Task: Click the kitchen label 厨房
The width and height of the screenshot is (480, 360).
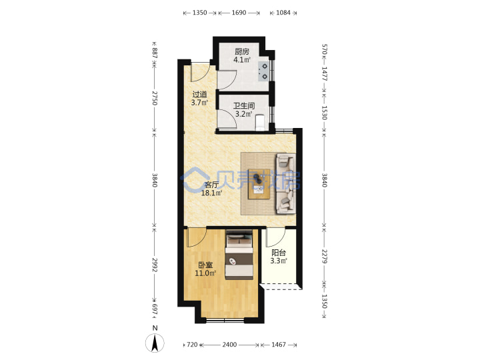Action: (x=242, y=52)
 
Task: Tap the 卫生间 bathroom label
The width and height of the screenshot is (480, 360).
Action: (x=244, y=106)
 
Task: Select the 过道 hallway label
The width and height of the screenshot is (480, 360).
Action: (x=199, y=94)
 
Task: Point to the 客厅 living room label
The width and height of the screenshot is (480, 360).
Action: (x=211, y=185)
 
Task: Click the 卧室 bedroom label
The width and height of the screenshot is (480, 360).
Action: (x=205, y=265)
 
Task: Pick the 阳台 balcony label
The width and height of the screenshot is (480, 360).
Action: (x=279, y=253)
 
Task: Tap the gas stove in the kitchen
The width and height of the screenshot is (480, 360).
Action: (x=263, y=71)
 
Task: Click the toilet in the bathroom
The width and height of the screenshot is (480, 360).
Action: (x=260, y=122)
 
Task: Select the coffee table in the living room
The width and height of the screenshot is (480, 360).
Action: (x=259, y=184)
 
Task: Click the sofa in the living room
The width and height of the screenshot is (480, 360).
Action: (x=286, y=183)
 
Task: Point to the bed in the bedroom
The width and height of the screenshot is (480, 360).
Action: (x=239, y=255)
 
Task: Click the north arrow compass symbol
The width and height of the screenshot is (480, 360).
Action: (x=155, y=343)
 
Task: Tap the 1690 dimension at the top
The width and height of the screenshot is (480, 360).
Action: (x=239, y=13)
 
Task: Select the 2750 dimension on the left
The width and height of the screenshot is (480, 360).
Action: (x=155, y=98)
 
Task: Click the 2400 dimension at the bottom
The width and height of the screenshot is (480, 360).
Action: (x=229, y=345)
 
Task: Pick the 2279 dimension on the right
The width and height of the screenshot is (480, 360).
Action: (x=325, y=257)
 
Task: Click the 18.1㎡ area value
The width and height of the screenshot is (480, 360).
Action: (x=211, y=193)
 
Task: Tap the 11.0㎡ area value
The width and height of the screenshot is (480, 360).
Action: (x=205, y=273)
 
